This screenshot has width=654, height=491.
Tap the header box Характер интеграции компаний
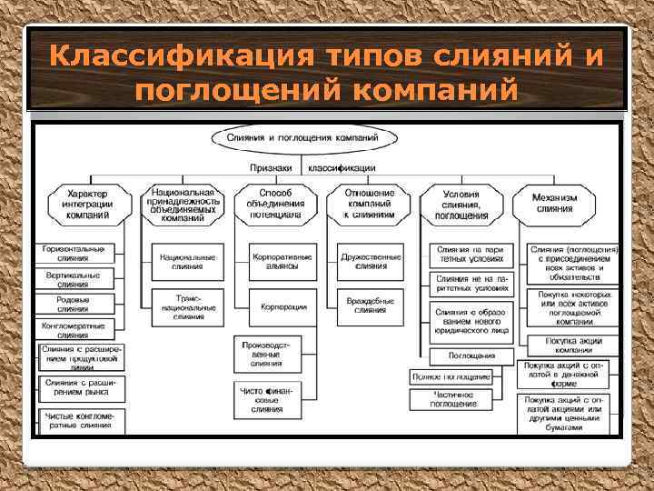click(89, 205)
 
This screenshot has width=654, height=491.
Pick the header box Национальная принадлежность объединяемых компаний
click(184, 206)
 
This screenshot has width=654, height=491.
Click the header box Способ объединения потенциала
click(275, 205)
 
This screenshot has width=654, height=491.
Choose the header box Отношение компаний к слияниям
click(370, 205)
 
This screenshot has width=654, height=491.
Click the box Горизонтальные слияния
click(74, 254)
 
